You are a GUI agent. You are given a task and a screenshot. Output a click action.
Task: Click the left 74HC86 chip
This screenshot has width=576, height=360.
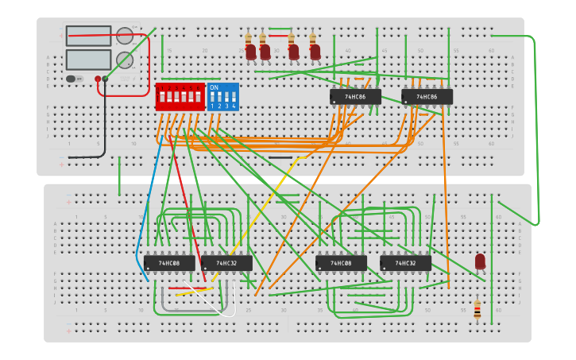click(x=355, y=97)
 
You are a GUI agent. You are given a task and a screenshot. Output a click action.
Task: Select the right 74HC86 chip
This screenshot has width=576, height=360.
click(x=427, y=97)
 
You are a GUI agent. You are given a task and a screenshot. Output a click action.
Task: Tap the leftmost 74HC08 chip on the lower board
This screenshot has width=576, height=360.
click(x=168, y=263)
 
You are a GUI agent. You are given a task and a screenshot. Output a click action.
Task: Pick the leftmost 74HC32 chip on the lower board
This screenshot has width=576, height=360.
click(x=226, y=263)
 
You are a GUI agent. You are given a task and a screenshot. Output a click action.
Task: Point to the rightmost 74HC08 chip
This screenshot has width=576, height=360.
click(x=341, y=263)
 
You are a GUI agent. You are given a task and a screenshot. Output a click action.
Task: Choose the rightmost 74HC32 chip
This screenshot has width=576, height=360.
click(x=405, y=263)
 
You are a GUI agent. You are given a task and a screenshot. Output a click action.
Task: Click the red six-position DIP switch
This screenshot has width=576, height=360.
click(x=180, y=97)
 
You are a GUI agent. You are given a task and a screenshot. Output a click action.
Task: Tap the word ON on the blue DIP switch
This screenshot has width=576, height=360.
click(x=214, y=88)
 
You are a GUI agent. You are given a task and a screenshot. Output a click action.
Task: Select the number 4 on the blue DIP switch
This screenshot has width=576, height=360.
click(x=234, y=106)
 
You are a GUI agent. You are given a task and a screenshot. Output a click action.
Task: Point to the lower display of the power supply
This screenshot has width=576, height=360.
click(x=88, y=60)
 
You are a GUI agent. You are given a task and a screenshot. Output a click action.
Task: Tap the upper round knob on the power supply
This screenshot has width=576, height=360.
click(x=125, y=36)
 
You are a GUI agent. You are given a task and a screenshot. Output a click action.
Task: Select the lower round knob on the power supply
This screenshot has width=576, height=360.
click(x=125, y=60)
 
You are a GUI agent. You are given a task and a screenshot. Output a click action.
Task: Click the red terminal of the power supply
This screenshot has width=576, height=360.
click(x=98, y=79)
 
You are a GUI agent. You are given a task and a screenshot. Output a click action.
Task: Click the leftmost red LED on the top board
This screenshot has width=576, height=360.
click(x=250, y=52)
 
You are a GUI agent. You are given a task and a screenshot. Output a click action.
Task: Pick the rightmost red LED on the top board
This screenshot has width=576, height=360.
click(x=315, y=52)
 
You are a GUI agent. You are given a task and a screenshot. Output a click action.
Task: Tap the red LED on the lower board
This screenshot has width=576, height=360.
click(x=480, y=261)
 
